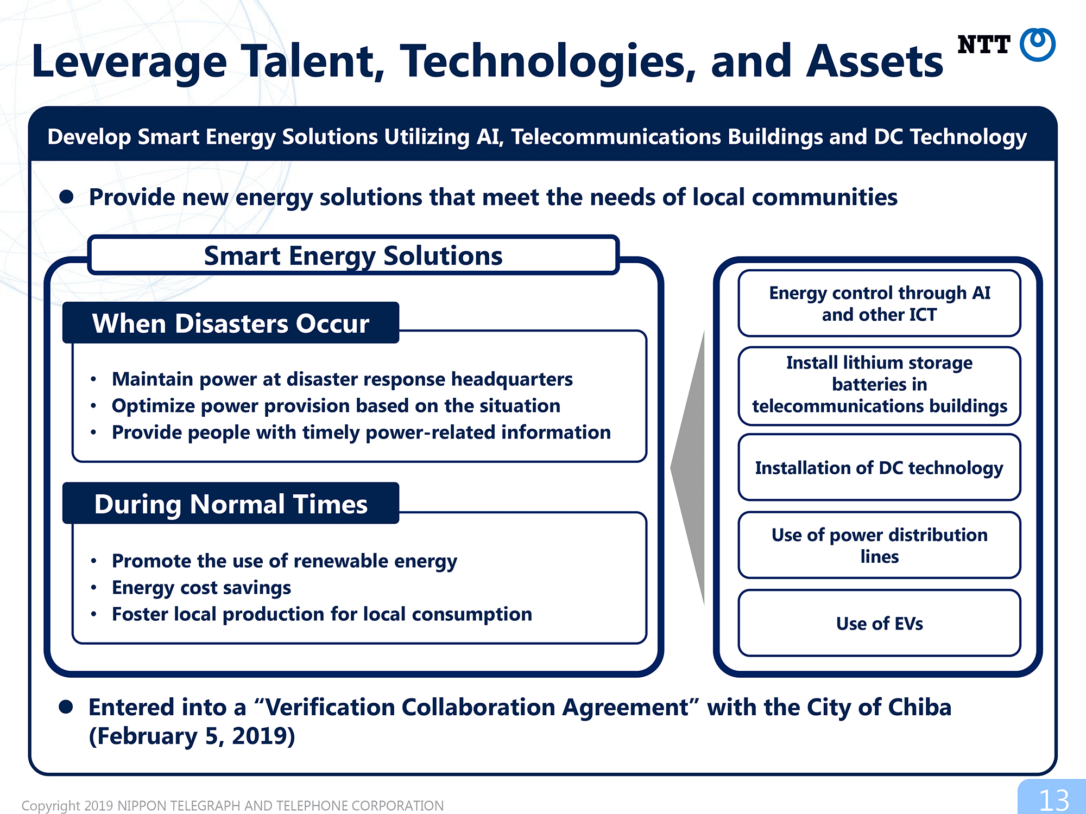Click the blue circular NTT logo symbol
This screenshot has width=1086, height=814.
1038,44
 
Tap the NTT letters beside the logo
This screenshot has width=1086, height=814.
983,44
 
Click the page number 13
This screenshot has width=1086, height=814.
1053,800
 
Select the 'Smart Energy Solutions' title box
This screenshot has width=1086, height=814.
353,255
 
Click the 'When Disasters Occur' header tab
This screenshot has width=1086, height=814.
231,323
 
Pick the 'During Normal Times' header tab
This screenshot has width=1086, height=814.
231,504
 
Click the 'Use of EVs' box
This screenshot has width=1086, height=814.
879,623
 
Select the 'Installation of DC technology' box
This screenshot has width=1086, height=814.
879,467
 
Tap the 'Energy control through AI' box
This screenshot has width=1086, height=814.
879,303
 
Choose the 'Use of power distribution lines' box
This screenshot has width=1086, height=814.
879,545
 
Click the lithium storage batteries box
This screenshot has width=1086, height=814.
879,385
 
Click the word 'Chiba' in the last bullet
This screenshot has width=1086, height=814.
919,707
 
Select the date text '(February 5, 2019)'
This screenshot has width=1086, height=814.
192,736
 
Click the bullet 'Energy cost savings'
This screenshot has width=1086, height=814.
201,588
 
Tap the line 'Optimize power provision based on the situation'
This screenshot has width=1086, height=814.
336,406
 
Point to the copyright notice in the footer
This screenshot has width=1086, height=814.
232,805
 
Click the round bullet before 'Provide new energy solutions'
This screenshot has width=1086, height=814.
66,196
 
